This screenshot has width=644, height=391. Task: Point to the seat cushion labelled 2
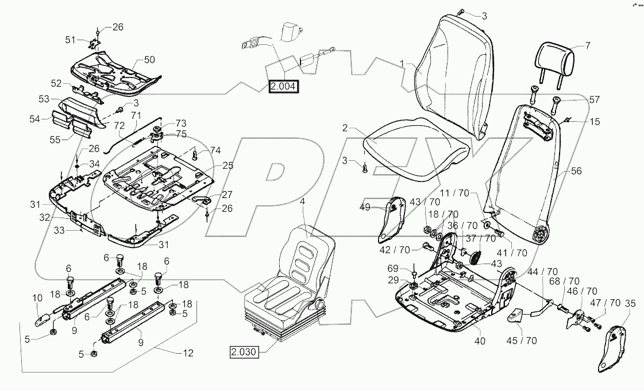tap(414, 146)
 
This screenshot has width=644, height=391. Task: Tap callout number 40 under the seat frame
tap(480, 340)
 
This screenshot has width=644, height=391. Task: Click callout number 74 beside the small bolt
tap(215, 150)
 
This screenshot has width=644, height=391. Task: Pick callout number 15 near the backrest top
tap(595, 122)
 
